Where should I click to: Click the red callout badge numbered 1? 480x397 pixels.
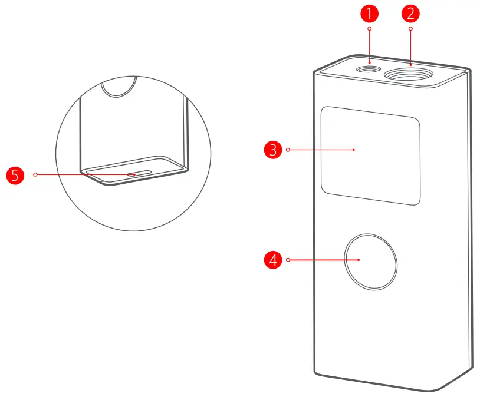click(x=369, y=12)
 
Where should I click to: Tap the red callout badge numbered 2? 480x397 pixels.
click(x=410, y=12)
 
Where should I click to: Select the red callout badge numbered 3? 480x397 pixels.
click(x=272, y=150)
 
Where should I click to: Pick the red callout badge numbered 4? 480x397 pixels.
click(x=272, y=259)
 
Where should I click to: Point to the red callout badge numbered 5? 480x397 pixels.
click(x=14, y=174)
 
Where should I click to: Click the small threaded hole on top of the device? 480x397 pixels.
click(x=370, y=69)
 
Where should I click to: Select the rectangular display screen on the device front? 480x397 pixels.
click(x=370, y=156)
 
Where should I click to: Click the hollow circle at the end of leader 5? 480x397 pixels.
click(x=36, y=174)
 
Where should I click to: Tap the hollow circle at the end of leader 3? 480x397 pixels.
click(x=288, y=150)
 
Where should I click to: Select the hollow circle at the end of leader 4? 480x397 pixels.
click(x=288, y=259)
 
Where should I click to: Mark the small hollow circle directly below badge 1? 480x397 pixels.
click(x=369, y=28)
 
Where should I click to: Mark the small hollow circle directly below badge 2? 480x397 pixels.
click(x=410, y=28)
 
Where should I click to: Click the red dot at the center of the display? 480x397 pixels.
click(x=354, y=150)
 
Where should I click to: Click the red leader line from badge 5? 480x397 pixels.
click(x=83, y=174)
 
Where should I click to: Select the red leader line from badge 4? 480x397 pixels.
click(x=318, y=259)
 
